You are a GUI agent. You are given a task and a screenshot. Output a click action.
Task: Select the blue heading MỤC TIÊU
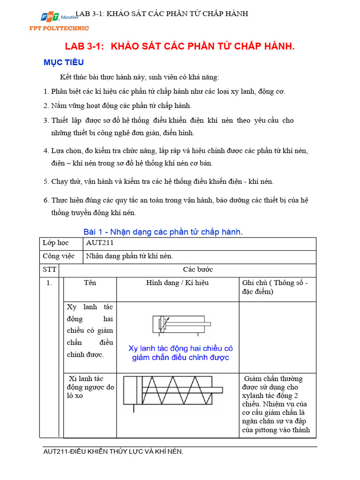coord(64,63)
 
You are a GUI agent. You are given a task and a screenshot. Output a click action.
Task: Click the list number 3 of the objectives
coord(46,120)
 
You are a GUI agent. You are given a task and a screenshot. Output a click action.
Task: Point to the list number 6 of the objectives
coord(46,200)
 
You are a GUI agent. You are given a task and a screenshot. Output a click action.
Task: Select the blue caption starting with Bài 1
coord(163,232)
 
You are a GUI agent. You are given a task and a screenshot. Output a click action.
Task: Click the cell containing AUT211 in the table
coord(100,243)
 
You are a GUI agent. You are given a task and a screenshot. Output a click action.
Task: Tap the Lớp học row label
coord(56,243)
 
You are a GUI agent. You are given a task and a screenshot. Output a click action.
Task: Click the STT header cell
coord(49,270)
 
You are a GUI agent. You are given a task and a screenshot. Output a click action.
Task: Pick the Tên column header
coord(90,283)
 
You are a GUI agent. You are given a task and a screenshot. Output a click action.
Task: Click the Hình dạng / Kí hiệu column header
coord(178,283)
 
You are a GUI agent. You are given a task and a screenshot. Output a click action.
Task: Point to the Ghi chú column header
coord(275,287)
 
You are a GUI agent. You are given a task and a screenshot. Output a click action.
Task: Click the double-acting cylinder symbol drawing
coord(180,324)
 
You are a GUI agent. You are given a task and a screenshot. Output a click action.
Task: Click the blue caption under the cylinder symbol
coord(180,353)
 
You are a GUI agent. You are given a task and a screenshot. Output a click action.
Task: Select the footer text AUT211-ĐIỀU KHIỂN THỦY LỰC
coord(113,451)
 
